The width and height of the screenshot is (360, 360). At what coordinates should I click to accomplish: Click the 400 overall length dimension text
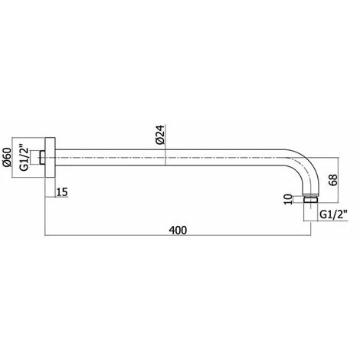pos(178,231)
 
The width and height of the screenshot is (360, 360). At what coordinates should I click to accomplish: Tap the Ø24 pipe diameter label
pos(161,135)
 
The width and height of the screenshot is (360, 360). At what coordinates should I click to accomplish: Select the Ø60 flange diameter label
pos(7,157)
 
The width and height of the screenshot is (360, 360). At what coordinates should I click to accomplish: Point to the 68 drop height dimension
pos(333,180)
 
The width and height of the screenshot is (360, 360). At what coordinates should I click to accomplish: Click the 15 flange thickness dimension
pos(62,192)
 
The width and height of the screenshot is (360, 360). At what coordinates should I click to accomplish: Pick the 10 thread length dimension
pos(288,199)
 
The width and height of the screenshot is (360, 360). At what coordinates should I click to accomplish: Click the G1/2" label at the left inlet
pos(24,158)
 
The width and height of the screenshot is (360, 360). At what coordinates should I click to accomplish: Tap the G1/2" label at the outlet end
pos(333,214)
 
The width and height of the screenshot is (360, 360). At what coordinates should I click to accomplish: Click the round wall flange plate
pos(51,158)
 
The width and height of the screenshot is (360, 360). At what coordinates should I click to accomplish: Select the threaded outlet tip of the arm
pos(311,199)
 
